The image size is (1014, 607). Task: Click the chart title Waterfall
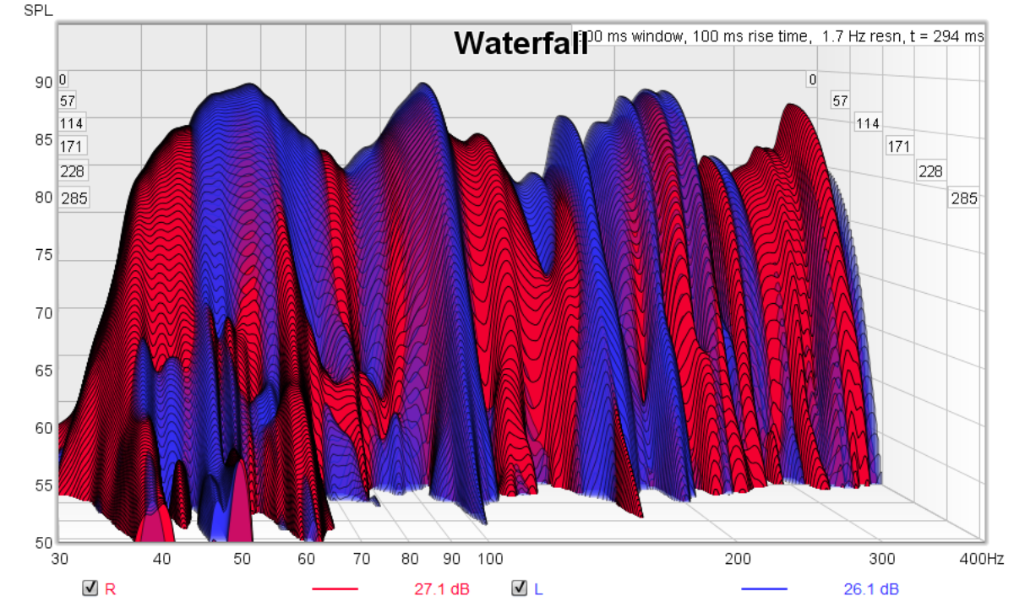pyautogui.click(x=521, y=44)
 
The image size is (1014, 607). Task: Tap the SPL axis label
pyautogui.click(x=36, y=11)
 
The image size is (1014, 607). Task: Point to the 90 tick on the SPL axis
pyautogui.click(x=43, y=83)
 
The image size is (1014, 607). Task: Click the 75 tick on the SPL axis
pyautogui.click(x=43, y=255)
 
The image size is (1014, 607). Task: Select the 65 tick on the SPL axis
pyautogui.click(x=43, y=370)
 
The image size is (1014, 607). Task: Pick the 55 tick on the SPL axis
pyautogui.click(x=43, y=485)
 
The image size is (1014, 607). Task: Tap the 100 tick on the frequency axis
pyautogui.click(x=490, y=558)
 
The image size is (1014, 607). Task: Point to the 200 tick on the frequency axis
pyautogui.click(x=738, y=558)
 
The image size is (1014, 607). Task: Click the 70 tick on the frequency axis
pyautogui.click(x=362, y=558)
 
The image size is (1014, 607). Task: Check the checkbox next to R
pyautogui.click(x=90, y=588)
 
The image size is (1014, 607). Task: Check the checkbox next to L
pyautogui.click(x=520, y=588)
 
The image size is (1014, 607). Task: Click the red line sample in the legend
pyautogui.click(x=335, y=588)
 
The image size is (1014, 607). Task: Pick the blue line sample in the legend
pyautogui.click(x=764, y=588)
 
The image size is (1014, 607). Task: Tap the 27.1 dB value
pyautogui.click(x=441, y=588)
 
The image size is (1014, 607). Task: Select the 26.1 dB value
pyautogui.click(x=870, y=588)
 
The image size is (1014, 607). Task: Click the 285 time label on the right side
pyautogui.click(x=963, y=199)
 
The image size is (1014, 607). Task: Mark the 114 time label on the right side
pyautogui.click(x=867, y=123)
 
